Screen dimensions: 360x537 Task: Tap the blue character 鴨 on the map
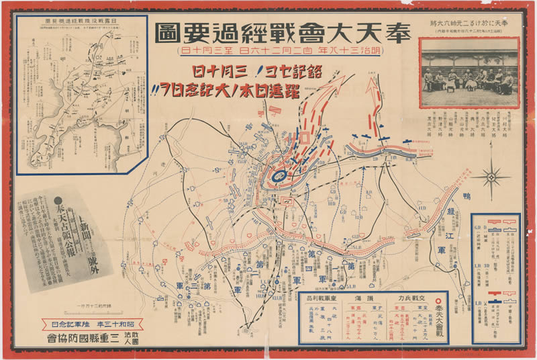(466, 195)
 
